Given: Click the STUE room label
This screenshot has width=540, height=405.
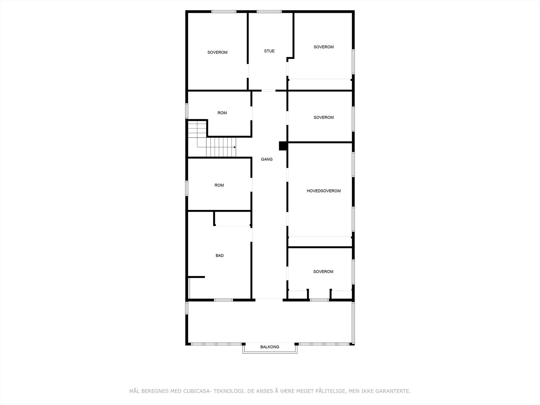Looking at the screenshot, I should [x=269, y=51].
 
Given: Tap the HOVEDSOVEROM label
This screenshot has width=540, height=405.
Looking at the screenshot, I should [x=323, y=191].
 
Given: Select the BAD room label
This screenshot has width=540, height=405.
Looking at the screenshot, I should [x=219, y=255].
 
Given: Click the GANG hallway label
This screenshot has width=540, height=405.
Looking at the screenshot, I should [x=267, y=159].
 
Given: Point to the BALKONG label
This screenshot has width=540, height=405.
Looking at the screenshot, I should [x=270, y=347].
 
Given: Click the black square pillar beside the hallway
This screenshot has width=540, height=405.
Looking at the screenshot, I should [x=282, y=146].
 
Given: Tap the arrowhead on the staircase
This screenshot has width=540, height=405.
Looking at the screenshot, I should [x=235, y=147].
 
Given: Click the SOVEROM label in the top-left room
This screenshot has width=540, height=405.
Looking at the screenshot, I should [x=217, y=52].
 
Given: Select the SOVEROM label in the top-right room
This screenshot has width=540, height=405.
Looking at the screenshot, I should [x=323, y=47].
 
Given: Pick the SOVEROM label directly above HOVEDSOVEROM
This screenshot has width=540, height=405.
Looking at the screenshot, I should [x=323, y=117].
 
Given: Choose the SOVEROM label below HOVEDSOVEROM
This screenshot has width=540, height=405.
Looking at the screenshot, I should [x=323, y=271].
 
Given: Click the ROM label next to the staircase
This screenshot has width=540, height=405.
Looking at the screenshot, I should [x=222, y=113].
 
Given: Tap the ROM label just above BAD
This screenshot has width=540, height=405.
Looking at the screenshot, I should [x=219, y=185].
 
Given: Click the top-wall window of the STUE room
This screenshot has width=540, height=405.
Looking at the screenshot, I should [x=269, y=12].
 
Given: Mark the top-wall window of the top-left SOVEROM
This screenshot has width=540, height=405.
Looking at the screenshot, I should [x=224, y=12].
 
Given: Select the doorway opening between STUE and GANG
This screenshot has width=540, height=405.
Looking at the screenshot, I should [x=269, y=90].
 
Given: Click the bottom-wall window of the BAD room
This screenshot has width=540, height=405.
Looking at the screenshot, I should [x=223, y=300].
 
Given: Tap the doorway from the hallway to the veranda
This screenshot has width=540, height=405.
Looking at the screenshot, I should [x=269, y=299].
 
